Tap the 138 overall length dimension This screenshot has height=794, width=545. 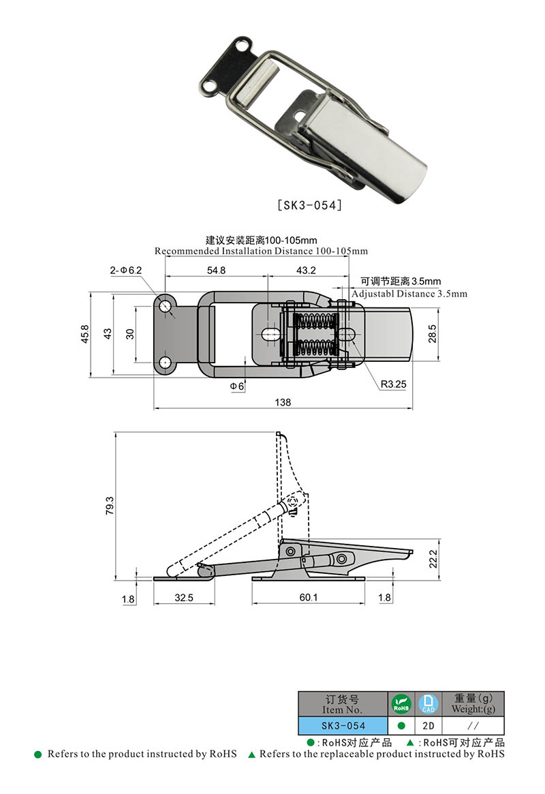pos(283,402)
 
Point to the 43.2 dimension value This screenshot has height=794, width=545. pos(306,270)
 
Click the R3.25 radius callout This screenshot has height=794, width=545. pos(393,384)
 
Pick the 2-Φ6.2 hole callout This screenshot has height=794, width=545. pos(125,270)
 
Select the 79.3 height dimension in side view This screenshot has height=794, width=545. pos(109,506)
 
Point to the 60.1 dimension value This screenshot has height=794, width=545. pos(308,597)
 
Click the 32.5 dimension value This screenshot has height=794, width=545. pos(184,597)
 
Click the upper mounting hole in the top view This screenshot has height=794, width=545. pos(166,306)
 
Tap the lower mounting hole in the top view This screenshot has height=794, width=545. pos(166,361)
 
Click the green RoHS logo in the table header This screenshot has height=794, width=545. pos(401,703)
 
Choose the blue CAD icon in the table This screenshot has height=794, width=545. pos(429,703)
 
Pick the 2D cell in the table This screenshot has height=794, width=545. pos(429,726)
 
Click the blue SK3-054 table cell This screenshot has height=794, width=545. pos(343,726)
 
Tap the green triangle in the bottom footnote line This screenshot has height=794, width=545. pos(251,754)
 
